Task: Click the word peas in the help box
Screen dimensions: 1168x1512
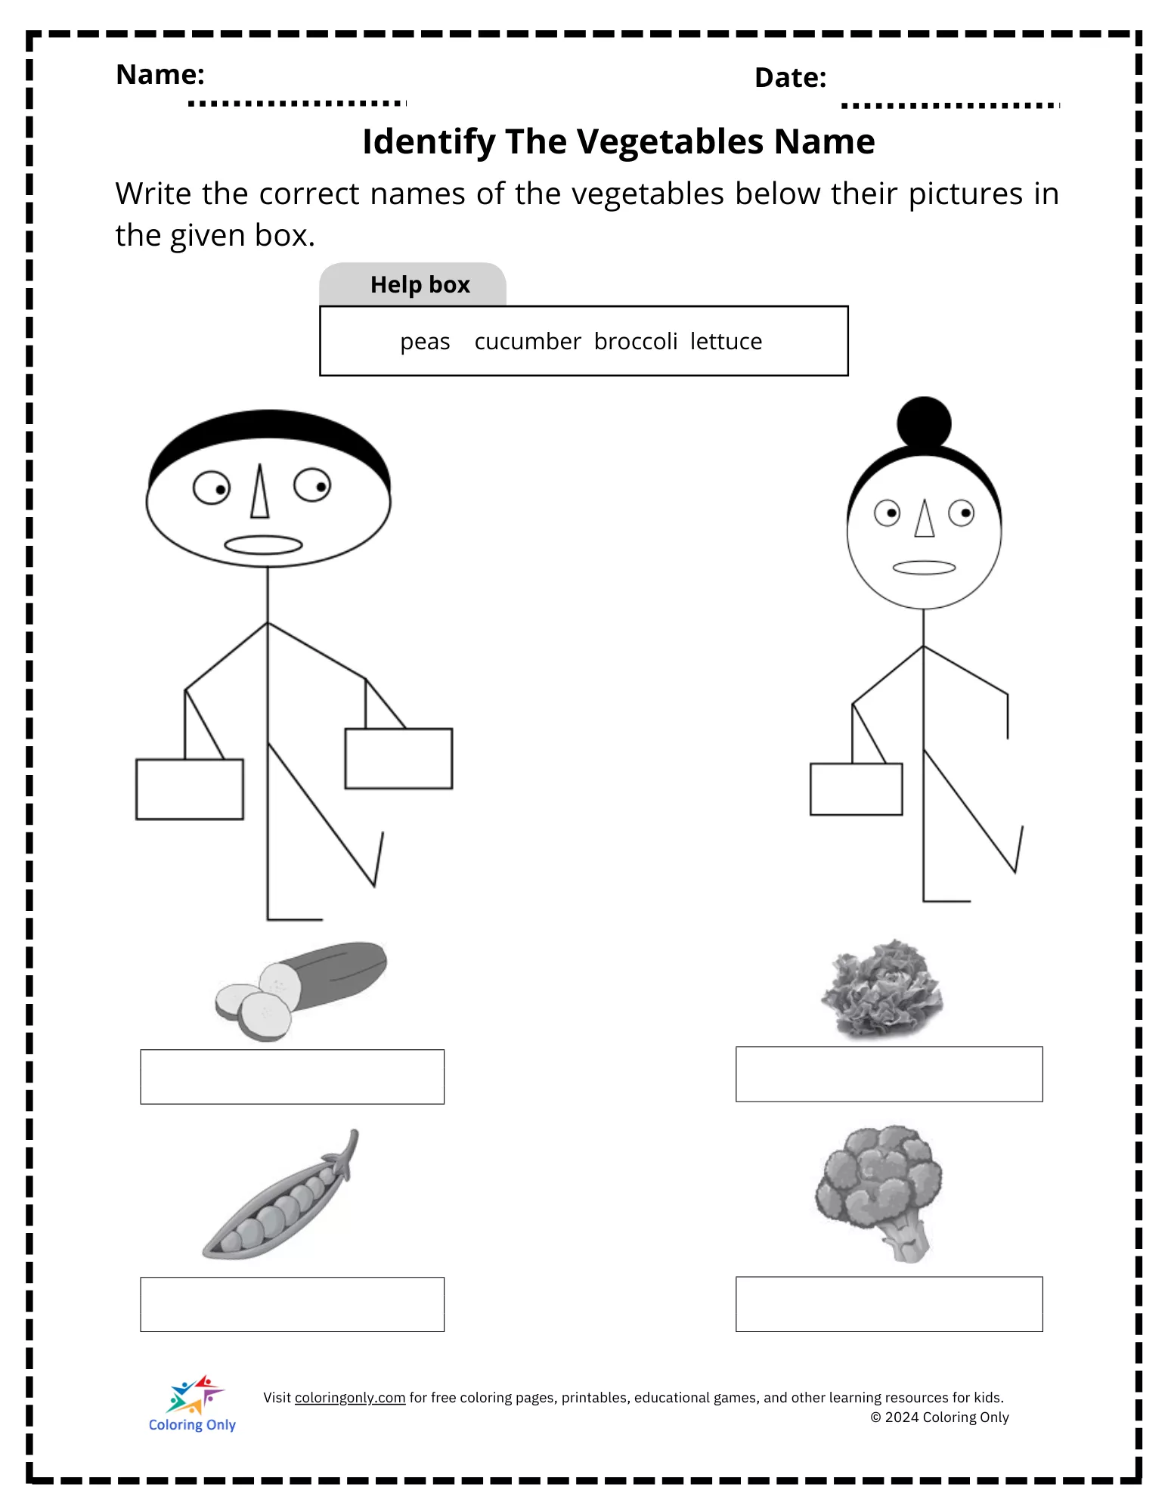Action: coord(425,342)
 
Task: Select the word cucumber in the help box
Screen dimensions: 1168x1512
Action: coord(528,341)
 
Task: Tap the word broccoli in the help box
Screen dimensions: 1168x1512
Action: coord(636,341)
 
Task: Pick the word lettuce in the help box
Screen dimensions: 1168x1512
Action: coord(726,341)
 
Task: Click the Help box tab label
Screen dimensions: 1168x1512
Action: coord(420,284)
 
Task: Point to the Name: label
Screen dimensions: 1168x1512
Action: coord(160,74)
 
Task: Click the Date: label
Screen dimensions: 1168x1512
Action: coord(791,78)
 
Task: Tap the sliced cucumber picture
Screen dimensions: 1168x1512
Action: coord(301,991)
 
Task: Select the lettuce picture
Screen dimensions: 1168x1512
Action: coord(882,988)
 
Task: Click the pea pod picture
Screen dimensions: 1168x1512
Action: coord(280,1195)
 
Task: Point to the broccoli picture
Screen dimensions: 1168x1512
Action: coord(879,1193)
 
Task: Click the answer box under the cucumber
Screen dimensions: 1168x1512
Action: coord(293,1077)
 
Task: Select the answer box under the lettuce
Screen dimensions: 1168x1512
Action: coord(889,1074)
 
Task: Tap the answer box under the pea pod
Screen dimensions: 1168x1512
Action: coord(293,1304)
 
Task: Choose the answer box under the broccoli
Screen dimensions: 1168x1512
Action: coord(889,1304)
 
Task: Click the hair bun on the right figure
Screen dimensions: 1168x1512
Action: coord(924,423)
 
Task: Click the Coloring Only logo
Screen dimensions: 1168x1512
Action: coord(193,1404)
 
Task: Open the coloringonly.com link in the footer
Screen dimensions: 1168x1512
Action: coord(350,1398)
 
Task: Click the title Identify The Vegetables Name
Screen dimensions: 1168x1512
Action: coord(618,142)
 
